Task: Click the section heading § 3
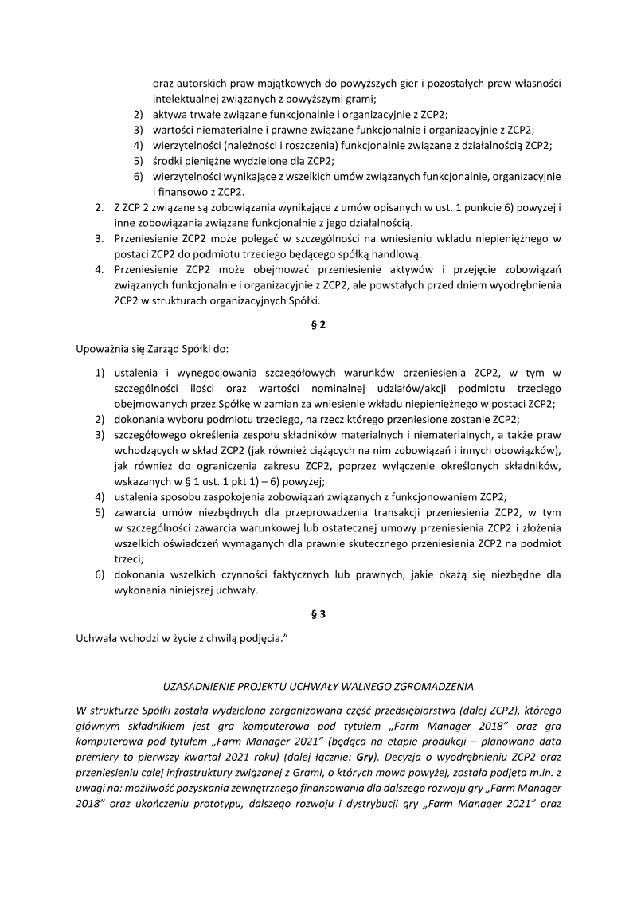pos(318,615)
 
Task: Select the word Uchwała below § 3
pos(96,638)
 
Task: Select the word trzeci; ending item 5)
pos(128,559)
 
